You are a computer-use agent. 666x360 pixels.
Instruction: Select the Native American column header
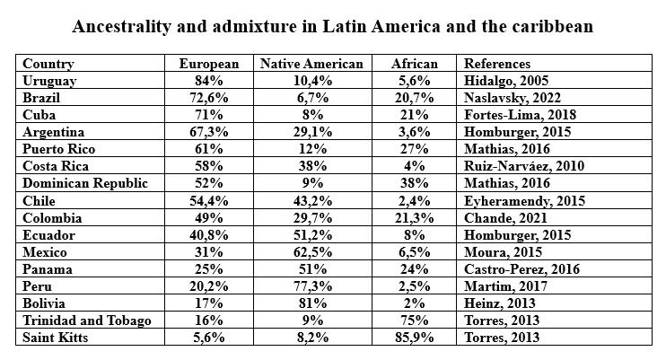pyautogui.click(x=311, y=64)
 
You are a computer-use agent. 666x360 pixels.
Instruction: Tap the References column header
pyautogui.click(x=497, y=64)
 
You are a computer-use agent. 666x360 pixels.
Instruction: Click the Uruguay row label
pyautogui.click(x=49, y=81)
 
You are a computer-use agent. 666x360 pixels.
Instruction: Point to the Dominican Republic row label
pyautogui.click(x=85, y=183)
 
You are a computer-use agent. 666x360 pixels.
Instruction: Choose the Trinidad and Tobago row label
pyautogui.click(x=87, y=320)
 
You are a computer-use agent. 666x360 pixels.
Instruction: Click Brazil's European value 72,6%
pyautogui.click(x=208, y=98)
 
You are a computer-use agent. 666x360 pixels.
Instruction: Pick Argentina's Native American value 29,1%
pyautogui.click(x=312, y=132)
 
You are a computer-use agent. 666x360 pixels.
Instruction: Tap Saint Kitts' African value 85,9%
pyautogui.click(x=414, y=338)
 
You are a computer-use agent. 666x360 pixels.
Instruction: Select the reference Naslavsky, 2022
pyautogui.click(x=513, y=98)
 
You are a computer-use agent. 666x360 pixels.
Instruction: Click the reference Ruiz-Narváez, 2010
pyautogui.click(x=524, y=166)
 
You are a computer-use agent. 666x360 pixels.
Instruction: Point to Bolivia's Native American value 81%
pyautogui.click(x=312, y=303)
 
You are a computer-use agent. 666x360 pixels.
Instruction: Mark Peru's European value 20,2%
pyautogui.click(x=208, y=286)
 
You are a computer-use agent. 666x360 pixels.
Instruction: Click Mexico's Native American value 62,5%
pyautogui.click(x=312, y=252)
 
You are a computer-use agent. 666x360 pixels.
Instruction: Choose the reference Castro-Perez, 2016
pyautogui.click(x=521, y=269)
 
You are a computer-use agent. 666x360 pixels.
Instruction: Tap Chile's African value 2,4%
pyautogui.click(x=414, y=200)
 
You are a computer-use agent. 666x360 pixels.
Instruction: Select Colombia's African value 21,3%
pyautogui.click(x=414, y=218)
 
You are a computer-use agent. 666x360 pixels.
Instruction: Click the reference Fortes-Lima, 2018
pyautogui.click(x=520, y=115)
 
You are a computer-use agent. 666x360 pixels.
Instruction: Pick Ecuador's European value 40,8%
pyautogui.click(x=208, y=235)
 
